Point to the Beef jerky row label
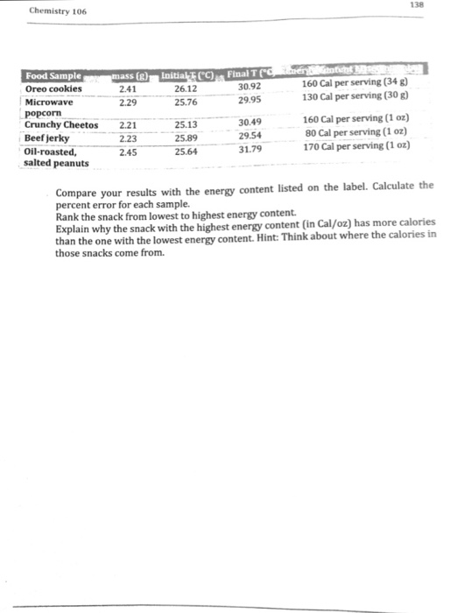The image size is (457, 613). click(49, 138)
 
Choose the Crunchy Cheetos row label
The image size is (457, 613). click(62, 126)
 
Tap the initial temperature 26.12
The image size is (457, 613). click(186, 88)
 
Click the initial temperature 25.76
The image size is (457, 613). click(186, 102)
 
